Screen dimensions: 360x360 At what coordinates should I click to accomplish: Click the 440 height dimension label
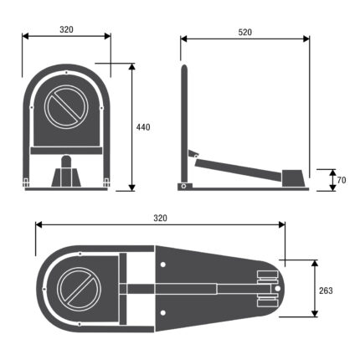[x=143, y=127]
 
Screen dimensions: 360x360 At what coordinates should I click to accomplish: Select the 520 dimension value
[x=245, y=33]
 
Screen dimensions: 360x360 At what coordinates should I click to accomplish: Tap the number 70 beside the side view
[x=342, y=180]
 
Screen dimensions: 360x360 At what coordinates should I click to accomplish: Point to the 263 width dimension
[x=326, y=291]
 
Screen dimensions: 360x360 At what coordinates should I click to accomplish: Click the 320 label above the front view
[x=66, y=29]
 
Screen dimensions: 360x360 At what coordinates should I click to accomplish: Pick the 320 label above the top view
[x=161, y=218]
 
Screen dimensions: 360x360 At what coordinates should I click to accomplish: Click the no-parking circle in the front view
[x=66, y=107]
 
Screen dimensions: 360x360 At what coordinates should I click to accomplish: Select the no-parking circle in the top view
[x=79, y=290]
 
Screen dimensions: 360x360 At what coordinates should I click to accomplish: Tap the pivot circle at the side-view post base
[x=183, y=186]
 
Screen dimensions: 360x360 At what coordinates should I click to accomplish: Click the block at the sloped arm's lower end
[x=292, y=178]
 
